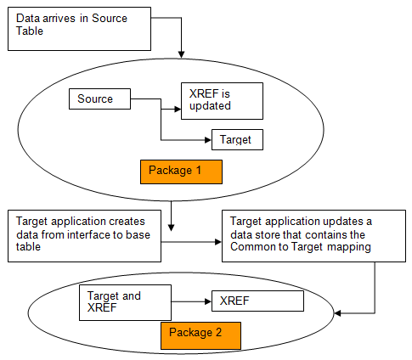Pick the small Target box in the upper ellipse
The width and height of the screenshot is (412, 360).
coord(237,139)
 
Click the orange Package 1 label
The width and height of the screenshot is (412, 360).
coord(180,171)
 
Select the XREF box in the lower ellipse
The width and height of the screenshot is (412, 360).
coord(257,301)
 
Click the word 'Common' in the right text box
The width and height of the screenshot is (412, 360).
coord(257,249)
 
